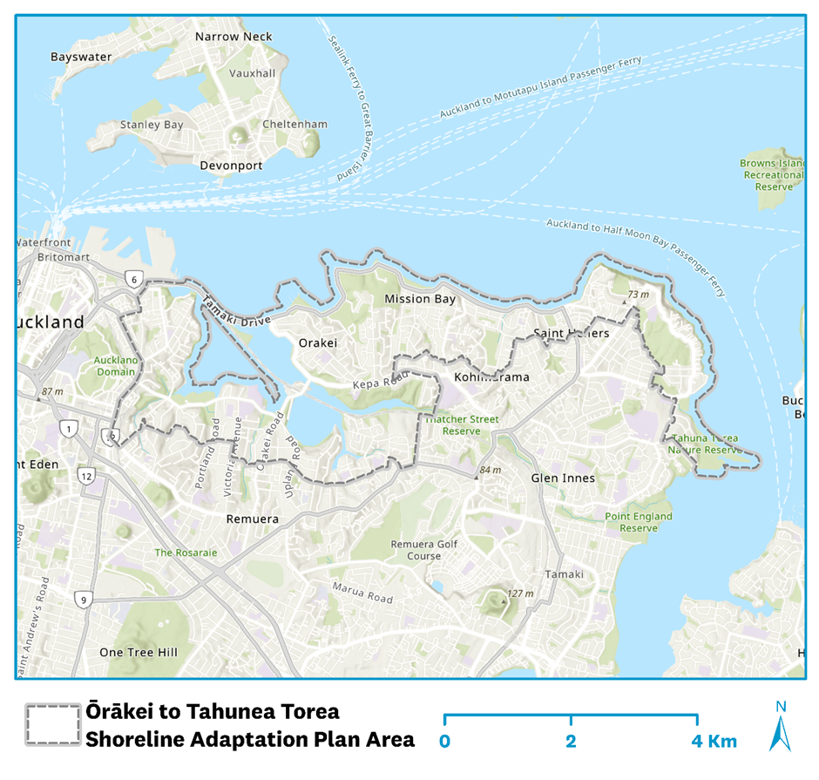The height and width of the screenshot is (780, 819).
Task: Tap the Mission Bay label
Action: [x=420, y=299]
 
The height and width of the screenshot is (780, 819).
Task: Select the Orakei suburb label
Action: [x=317, y=343]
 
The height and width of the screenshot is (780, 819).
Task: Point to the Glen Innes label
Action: [x=563, y=478]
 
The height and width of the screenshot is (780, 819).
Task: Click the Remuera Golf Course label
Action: [x=412, y=549]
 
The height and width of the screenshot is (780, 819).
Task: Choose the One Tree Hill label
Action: [x=138, y=652]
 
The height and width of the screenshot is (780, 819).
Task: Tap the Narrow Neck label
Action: [x=234, y=37]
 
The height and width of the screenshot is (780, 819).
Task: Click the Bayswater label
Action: [x=80, y=58]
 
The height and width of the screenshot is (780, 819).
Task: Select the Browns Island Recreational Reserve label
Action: [x=772, y=174]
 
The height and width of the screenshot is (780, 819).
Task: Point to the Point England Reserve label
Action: [x=639, y=522]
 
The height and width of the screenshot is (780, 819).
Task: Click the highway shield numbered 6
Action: [x=132, y=280]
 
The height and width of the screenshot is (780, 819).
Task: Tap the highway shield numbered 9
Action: [x=84, y=600]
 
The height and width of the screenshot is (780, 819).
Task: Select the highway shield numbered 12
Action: [x=85, y=476]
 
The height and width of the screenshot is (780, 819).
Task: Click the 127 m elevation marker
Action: [x=519, y=593]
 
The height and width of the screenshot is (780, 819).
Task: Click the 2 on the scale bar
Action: [x=570, y=742]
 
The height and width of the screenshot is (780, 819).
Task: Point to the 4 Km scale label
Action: [x=714, y=742]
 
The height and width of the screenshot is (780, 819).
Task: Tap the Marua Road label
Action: [x=362, y=593]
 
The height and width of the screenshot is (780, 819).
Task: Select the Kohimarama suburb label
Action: [x=491, y=377]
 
